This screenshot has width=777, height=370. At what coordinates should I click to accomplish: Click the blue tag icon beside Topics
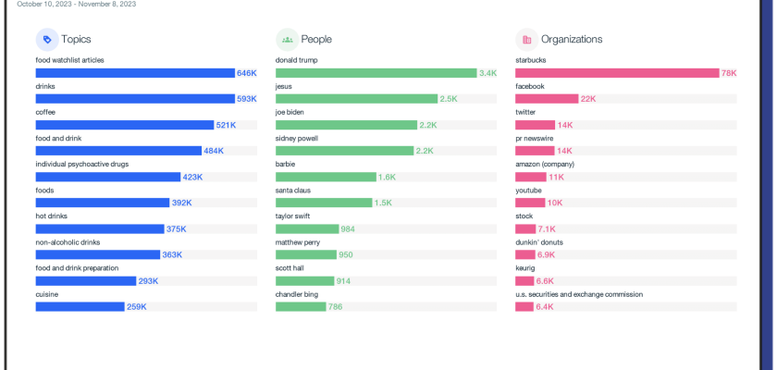(x=47, y=40)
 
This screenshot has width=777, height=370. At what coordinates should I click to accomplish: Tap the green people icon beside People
(x=287, y=40)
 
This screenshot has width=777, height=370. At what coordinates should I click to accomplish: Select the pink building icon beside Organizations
(x=526, y=40)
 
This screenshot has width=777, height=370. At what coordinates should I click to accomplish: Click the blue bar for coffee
(x=125, y=125)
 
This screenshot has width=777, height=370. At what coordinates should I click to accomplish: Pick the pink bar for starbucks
(x=617, y=73)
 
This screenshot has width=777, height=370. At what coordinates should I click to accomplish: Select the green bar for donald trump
(x=376, y=73)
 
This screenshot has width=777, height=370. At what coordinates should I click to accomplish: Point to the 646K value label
(x=246, y=73)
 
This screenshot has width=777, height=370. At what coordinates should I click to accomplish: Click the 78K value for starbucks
(x=729, y=73)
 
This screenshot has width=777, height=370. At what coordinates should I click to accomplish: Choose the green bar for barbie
(x=326, y=177)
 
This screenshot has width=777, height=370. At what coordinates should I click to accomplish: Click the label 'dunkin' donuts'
(x=539, y=241)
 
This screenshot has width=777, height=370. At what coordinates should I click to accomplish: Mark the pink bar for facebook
(x=546, y=99)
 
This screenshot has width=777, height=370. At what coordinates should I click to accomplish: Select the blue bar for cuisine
(x=80, y=306)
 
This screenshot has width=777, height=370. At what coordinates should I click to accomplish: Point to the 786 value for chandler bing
(x=335, y=306)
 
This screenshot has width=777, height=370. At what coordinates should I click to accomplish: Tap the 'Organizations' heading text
(x=572, y=40)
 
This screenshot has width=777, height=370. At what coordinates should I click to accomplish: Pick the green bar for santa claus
(x=324, y=203)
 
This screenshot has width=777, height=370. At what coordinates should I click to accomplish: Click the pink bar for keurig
(x=524, y=280)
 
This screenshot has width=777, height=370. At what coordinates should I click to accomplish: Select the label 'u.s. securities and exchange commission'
(x=579, y=294)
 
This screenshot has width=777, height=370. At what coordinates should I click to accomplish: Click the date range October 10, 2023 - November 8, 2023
(x=77, y=4)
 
